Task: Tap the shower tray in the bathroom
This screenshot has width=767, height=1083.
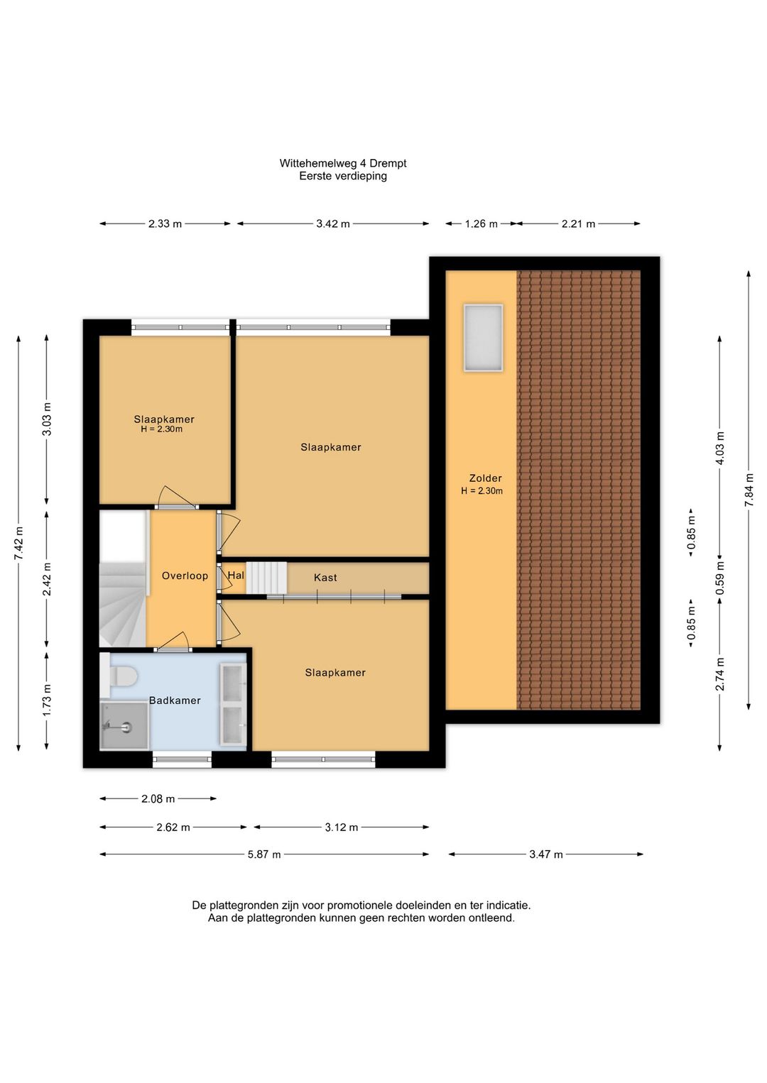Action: coord(124,726)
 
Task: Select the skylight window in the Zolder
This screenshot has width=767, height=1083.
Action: coord(483,338)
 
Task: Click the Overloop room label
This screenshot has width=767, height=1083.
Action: coord(185,576)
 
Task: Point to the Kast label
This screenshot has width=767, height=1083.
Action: coord(325,577)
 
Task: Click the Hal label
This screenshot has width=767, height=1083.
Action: coord(236,575)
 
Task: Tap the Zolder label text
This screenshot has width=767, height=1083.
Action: coord(485,478)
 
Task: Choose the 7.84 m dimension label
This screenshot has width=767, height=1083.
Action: coord(749,489)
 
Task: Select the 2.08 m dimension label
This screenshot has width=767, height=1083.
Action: coord(158,798)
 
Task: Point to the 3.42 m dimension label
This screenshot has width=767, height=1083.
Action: coord(333,224)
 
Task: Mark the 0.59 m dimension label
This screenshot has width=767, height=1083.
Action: coord(720,578)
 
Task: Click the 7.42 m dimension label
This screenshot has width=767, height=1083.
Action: coord(19,544)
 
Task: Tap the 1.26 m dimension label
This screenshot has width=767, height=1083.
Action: coord(481,224)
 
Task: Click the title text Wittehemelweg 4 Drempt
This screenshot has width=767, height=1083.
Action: coord(342,163)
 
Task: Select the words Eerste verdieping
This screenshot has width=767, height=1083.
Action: coord(342,176)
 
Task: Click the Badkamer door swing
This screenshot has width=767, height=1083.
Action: coord(173,641)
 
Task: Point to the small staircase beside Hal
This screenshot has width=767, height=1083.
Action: coord(266,577)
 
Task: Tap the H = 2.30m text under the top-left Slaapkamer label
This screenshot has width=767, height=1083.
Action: coord(162,429)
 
